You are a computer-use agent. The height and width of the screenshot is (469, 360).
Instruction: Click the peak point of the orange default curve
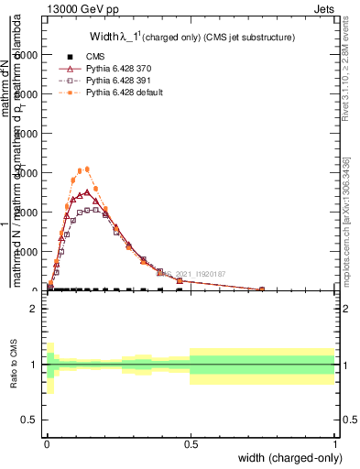click(x=87, y=169)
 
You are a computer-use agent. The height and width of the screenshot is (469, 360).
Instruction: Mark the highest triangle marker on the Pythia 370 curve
click(x=87, y=192)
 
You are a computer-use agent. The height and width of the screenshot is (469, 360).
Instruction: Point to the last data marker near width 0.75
click(x=262, y=289)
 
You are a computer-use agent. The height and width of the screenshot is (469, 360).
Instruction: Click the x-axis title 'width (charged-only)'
click(x=286, y=457)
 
